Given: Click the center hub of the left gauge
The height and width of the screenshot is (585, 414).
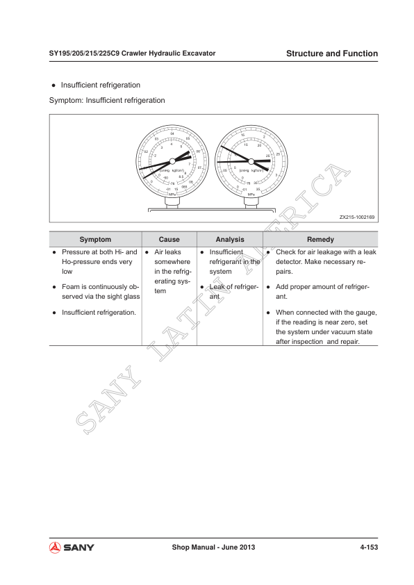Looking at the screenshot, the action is pyautogui.click(x=172, y=161).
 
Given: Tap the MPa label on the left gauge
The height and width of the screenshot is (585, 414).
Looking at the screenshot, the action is pyautogui.click(x=172, y=194).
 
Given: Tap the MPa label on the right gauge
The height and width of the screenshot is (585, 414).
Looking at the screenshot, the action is pyautogui.click(x=250, y=194).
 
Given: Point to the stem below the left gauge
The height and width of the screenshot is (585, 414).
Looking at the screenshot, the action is pyautogui.click(x=172, y=203).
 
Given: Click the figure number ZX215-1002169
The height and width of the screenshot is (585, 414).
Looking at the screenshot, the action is pyautogui.click(x=357, y=217).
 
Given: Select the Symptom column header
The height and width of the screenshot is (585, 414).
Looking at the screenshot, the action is pyautogui.click(x=95, y=238).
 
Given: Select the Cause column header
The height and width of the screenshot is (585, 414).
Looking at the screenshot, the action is pyautogui.click(x=169, y=238).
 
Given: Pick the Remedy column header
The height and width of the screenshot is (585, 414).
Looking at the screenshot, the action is pyautogui.click(x=320, y=238).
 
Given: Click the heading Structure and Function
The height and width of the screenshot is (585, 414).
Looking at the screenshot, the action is pyautogui.click(x=332, y=53).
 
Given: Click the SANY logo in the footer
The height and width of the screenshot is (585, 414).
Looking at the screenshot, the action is pyautogui.click(x=72, y=547).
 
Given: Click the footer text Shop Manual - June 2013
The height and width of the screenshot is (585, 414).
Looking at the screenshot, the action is pyautogui.click(x=214, y=547).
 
